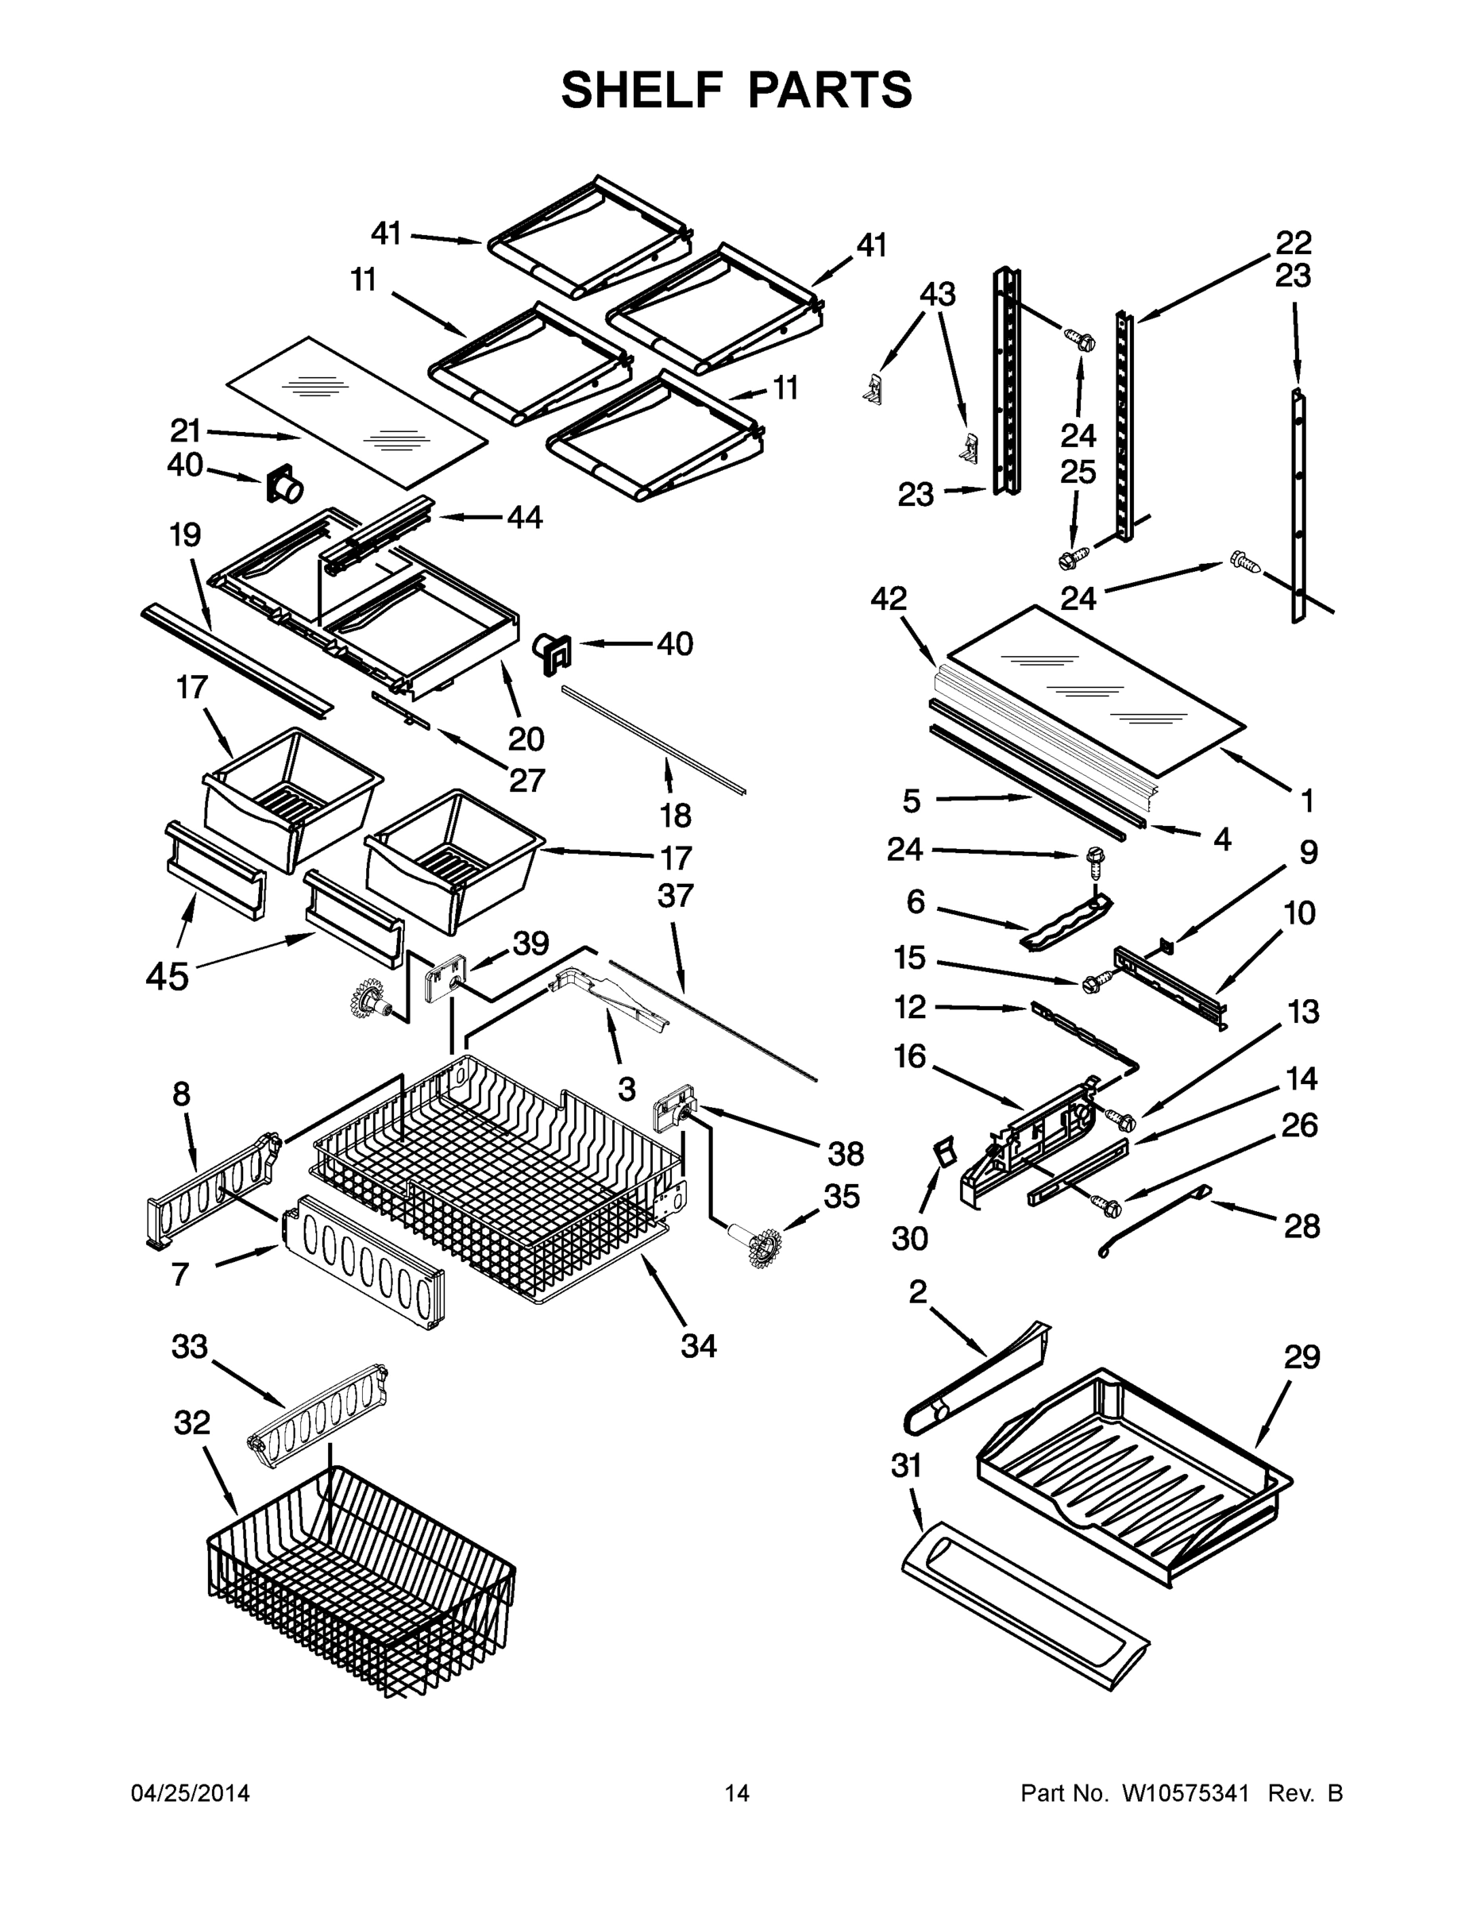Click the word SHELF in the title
[643, 90]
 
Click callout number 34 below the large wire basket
[698, 1346]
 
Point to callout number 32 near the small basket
[192, 1422]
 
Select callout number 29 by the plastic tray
[1302, 1357]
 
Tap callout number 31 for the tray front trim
[907, 1465]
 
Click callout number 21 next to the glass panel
[185, 430]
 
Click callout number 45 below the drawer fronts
[168, 976]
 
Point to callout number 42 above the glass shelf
[889, 599]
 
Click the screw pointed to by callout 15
[1092, 985]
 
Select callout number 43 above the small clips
[937, 293]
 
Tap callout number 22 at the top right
[1294, 241]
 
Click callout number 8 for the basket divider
[180, 1094]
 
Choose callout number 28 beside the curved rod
[1302, 1226]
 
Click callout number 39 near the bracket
[530, 943]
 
